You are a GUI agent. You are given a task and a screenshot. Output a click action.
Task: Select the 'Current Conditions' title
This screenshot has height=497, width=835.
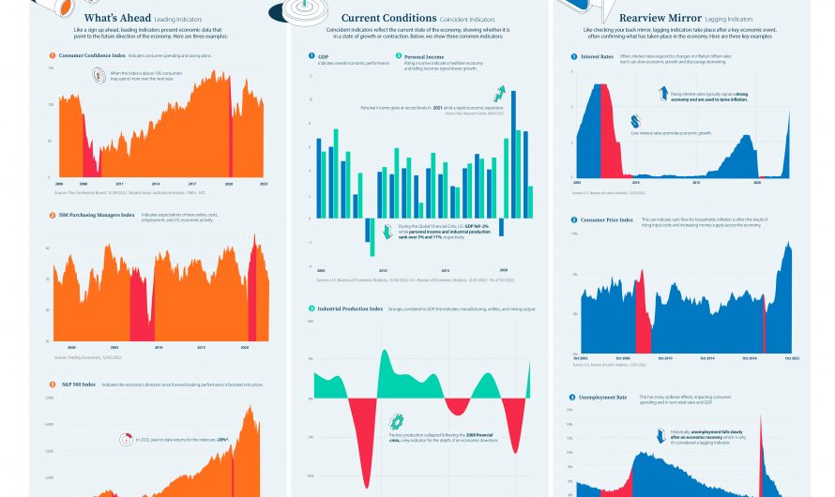387,18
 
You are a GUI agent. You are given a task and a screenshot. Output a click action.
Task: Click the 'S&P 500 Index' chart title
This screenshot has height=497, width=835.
77,384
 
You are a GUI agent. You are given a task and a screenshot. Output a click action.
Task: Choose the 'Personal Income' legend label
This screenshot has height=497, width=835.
423,56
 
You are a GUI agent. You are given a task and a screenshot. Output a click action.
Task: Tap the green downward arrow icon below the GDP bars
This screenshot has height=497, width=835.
386,230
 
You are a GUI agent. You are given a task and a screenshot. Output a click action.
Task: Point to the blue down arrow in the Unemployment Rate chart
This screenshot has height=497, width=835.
660,435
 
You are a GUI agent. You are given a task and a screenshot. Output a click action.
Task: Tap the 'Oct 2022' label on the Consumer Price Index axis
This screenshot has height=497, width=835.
780,358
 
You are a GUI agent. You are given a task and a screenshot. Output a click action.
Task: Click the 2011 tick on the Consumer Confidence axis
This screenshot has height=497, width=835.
119,183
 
